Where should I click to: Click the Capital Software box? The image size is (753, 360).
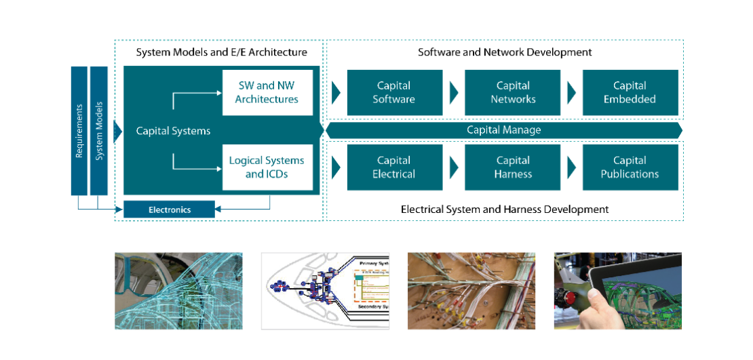click(394, 92)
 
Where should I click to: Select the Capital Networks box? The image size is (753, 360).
click(513, 92)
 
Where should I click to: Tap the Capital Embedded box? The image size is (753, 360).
click(630, 92)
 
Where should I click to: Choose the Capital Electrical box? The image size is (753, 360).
click(394, 167)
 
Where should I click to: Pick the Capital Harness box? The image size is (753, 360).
click(513, 167)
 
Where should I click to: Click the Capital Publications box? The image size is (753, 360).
click(630, 167)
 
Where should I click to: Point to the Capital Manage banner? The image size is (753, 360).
click(503, 130)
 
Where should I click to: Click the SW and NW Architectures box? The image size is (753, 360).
click(267, 92)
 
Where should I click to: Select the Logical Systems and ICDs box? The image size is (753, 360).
click(267, 167)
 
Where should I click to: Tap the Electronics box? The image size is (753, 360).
click(169, 209)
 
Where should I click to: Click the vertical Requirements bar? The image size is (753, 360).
click(79, 131)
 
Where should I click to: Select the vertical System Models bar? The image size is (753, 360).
click(99, 131)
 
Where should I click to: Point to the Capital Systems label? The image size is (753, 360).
click(173, 131)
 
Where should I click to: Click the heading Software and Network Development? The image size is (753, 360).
click(505, 52)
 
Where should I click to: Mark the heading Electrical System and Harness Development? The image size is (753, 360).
click(505, 209)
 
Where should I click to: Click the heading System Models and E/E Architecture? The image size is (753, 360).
click(222, 52)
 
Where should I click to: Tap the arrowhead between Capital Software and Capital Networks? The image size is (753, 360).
click(454, 92)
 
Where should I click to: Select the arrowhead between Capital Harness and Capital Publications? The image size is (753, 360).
click(571, 167)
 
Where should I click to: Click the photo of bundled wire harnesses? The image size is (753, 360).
click(471, 291)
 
